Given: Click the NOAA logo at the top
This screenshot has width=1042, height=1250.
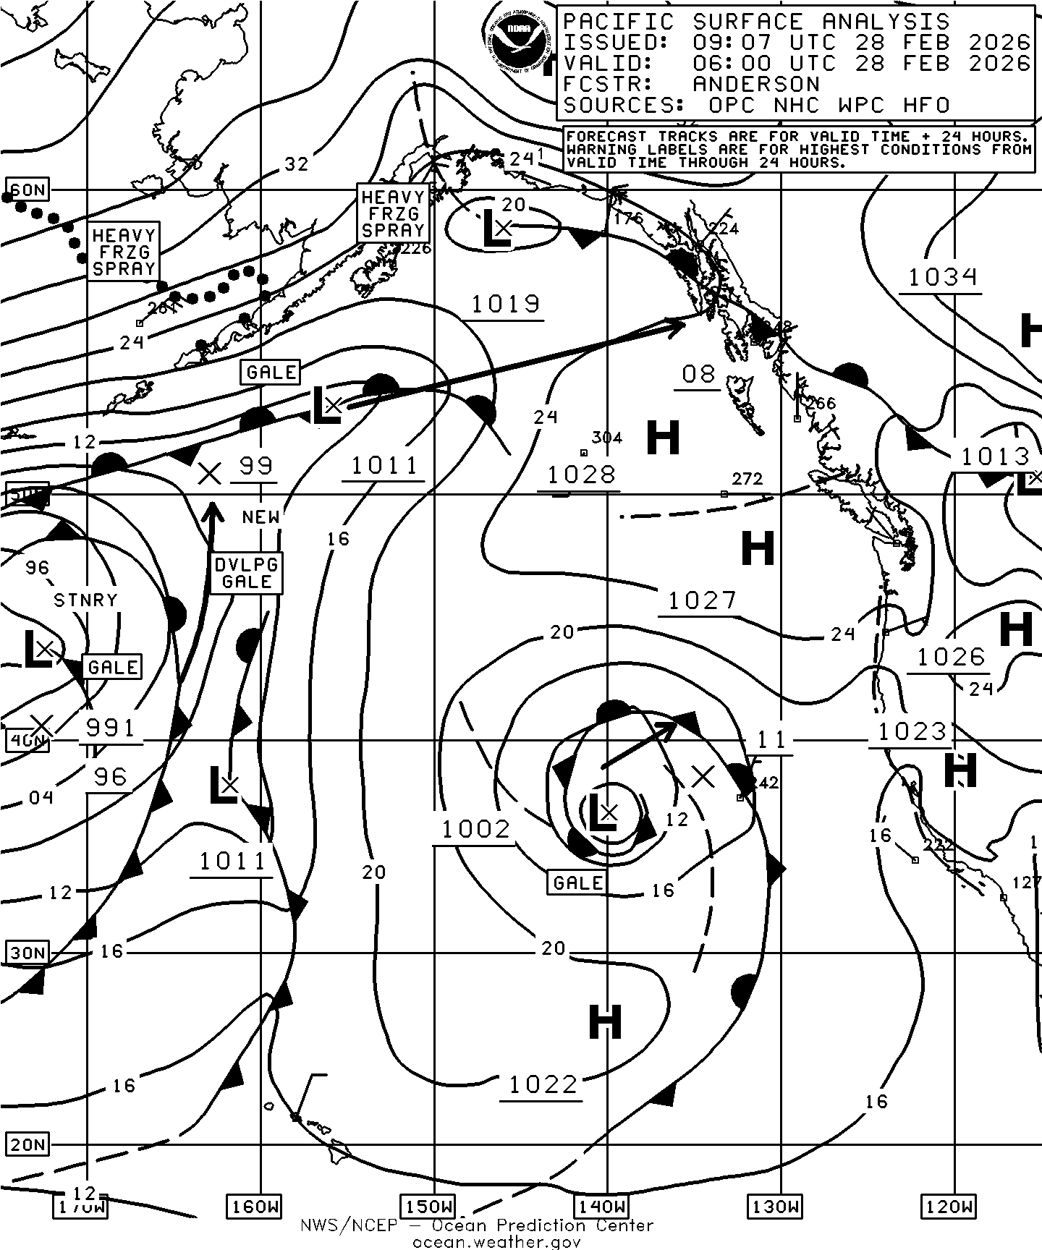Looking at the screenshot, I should click(x=516, y=41).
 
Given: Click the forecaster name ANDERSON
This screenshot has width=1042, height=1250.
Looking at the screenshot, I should click(x=756, y=84).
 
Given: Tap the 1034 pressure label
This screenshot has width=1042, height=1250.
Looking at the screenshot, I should click(x=942, y=276).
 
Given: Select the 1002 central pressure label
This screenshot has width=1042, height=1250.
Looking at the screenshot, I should click(x=475, y=829).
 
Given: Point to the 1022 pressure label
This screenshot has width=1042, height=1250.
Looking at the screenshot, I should click(x=543, y=1084).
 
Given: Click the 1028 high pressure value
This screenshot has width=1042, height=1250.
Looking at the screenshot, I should click(x=581, y=475).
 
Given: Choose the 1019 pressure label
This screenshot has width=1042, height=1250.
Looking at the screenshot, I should click(x=505, y=305).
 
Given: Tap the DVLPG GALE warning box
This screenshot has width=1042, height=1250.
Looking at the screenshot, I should click(x=246, y=573).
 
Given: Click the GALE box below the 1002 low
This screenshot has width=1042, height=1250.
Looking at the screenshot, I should click(x=577, y=883).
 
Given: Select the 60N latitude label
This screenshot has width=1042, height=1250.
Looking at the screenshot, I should click(x=28, y=191).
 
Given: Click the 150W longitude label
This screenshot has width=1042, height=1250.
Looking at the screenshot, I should click(x=428, y=1207).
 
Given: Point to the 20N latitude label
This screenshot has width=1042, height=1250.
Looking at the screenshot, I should click(x=28, y=1144).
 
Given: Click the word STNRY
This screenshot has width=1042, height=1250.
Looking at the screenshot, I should click(x=85, y=600).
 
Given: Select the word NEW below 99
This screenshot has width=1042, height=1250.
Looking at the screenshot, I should click(x=260, y=516).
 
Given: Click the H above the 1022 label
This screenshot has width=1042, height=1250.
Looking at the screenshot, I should click(x=605, y=1022).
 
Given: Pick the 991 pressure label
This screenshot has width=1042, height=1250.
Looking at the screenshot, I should click(x=110, y=727).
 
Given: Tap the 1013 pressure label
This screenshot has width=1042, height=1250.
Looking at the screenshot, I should click(x=994, y=456).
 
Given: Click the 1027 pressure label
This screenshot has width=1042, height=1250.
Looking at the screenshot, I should click(x=701, y=600).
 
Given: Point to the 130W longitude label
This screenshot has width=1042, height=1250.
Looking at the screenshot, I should click(x=774, y=1207).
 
